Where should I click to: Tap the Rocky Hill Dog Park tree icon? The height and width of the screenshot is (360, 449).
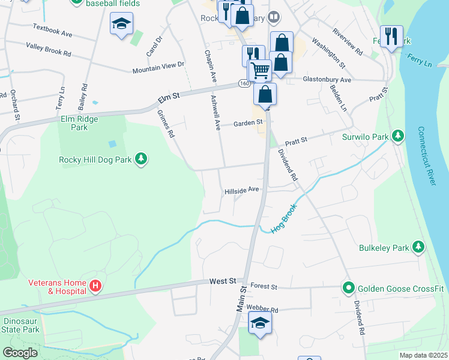click(141, 159)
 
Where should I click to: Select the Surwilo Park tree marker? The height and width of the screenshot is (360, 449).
click(397, 136)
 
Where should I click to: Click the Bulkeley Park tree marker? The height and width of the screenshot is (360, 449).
click(418, 247)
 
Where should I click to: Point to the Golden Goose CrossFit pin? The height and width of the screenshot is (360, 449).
click(348, 289)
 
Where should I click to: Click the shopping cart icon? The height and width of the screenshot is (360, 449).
click(259, 70)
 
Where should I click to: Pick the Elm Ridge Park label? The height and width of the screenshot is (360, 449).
click(79, 123)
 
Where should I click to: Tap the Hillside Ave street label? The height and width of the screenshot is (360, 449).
click(241, 190)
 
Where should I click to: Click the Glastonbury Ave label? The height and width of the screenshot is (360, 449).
click(327, 79)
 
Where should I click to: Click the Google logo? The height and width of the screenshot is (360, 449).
click(20, 353)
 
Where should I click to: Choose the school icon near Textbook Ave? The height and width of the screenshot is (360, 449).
click(121, 24)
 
